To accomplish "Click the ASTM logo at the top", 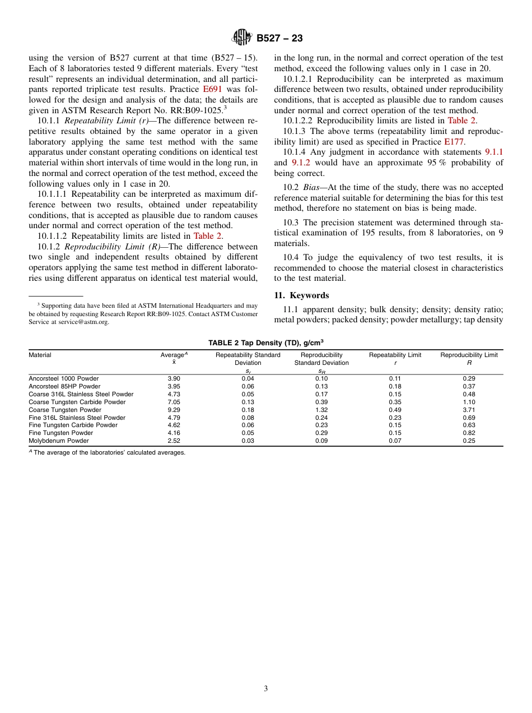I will pos(242,38).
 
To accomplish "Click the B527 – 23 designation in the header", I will pos(279,38).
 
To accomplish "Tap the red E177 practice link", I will pos(454,142).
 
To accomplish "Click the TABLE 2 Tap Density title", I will pos(265,342).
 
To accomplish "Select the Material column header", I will pos(40,355).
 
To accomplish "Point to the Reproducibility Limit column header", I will pos(469,355).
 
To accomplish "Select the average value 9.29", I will pos(174,410).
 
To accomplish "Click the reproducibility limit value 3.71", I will pos(469,410).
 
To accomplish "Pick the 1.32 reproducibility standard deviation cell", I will pos(321,410).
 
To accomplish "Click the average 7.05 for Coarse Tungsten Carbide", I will pos(174,402).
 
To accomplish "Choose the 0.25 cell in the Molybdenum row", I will pos(469,441).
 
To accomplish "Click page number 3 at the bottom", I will pos(265,689).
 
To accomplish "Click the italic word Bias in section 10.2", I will pos(311,187).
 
